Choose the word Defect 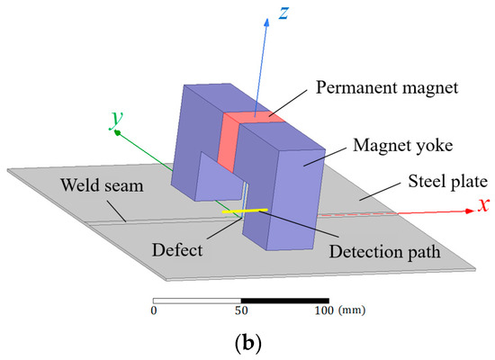(x=193, y=243)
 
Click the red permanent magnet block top (x=254, y=115)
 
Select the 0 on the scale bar (x=154, y=311)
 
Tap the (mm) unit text (x=352, y=311)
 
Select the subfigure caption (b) (x=247, y=343)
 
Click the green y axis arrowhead (x=119, y=131)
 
